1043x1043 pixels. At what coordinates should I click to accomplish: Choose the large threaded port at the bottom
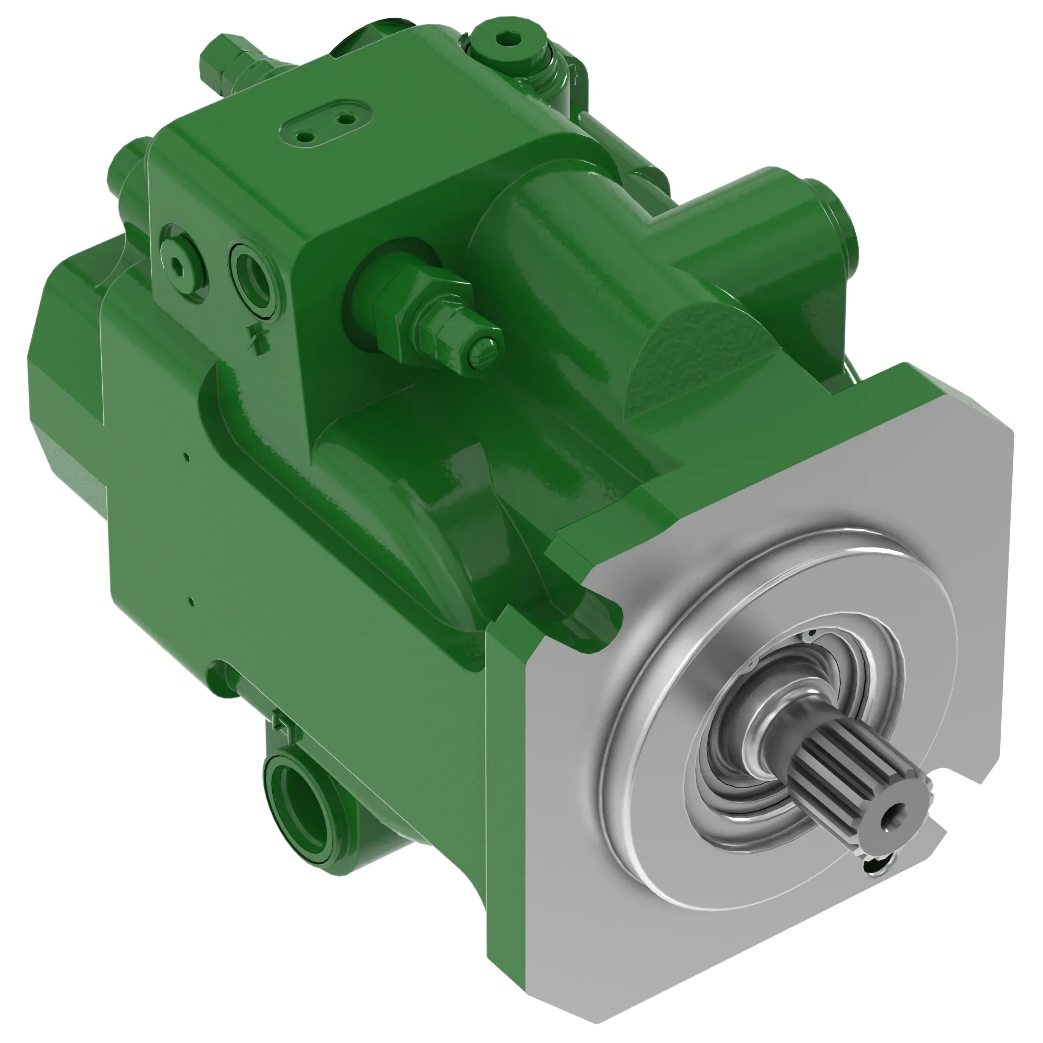click(x=298, y=802)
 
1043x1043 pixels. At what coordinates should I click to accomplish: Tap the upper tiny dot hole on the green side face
click(x=186, y=458)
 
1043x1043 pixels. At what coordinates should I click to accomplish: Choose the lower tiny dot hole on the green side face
click(x=190, y=599)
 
